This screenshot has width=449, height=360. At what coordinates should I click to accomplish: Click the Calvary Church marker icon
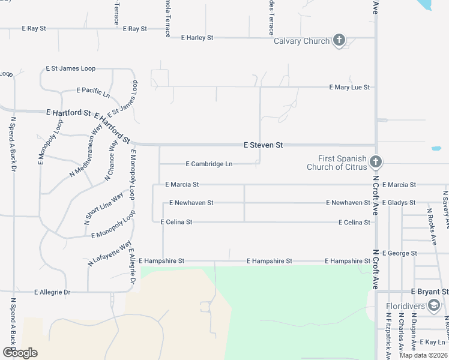point(339,41)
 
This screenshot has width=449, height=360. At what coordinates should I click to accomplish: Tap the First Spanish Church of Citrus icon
point(375,161)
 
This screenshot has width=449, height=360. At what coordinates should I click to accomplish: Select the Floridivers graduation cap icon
point(433,307)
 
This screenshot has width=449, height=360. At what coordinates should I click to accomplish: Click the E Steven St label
point(263,145)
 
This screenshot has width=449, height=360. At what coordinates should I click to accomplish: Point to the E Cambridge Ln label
point(209,164)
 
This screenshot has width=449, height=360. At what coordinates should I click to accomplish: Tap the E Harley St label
point(197,38)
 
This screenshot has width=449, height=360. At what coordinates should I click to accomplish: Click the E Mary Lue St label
point(349,88)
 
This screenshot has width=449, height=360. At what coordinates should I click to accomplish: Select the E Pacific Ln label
point(93,92)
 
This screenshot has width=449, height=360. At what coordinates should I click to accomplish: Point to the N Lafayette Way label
point(109,253)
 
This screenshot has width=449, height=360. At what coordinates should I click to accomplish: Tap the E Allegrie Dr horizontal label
point(52,292)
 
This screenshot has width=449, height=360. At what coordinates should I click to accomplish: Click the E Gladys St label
point(399,203)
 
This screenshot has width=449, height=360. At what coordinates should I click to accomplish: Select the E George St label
point(399,254)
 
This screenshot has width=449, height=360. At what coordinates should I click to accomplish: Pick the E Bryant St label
point(430,292)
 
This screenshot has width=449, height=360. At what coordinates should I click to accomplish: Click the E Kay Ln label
point(433,342)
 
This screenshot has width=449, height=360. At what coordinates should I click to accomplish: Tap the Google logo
point(20,353)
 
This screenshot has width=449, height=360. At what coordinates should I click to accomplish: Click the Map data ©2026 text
point(423,355)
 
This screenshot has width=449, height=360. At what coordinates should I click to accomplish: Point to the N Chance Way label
point(110,161)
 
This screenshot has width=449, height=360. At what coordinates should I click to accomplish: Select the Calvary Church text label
point(301,41)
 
